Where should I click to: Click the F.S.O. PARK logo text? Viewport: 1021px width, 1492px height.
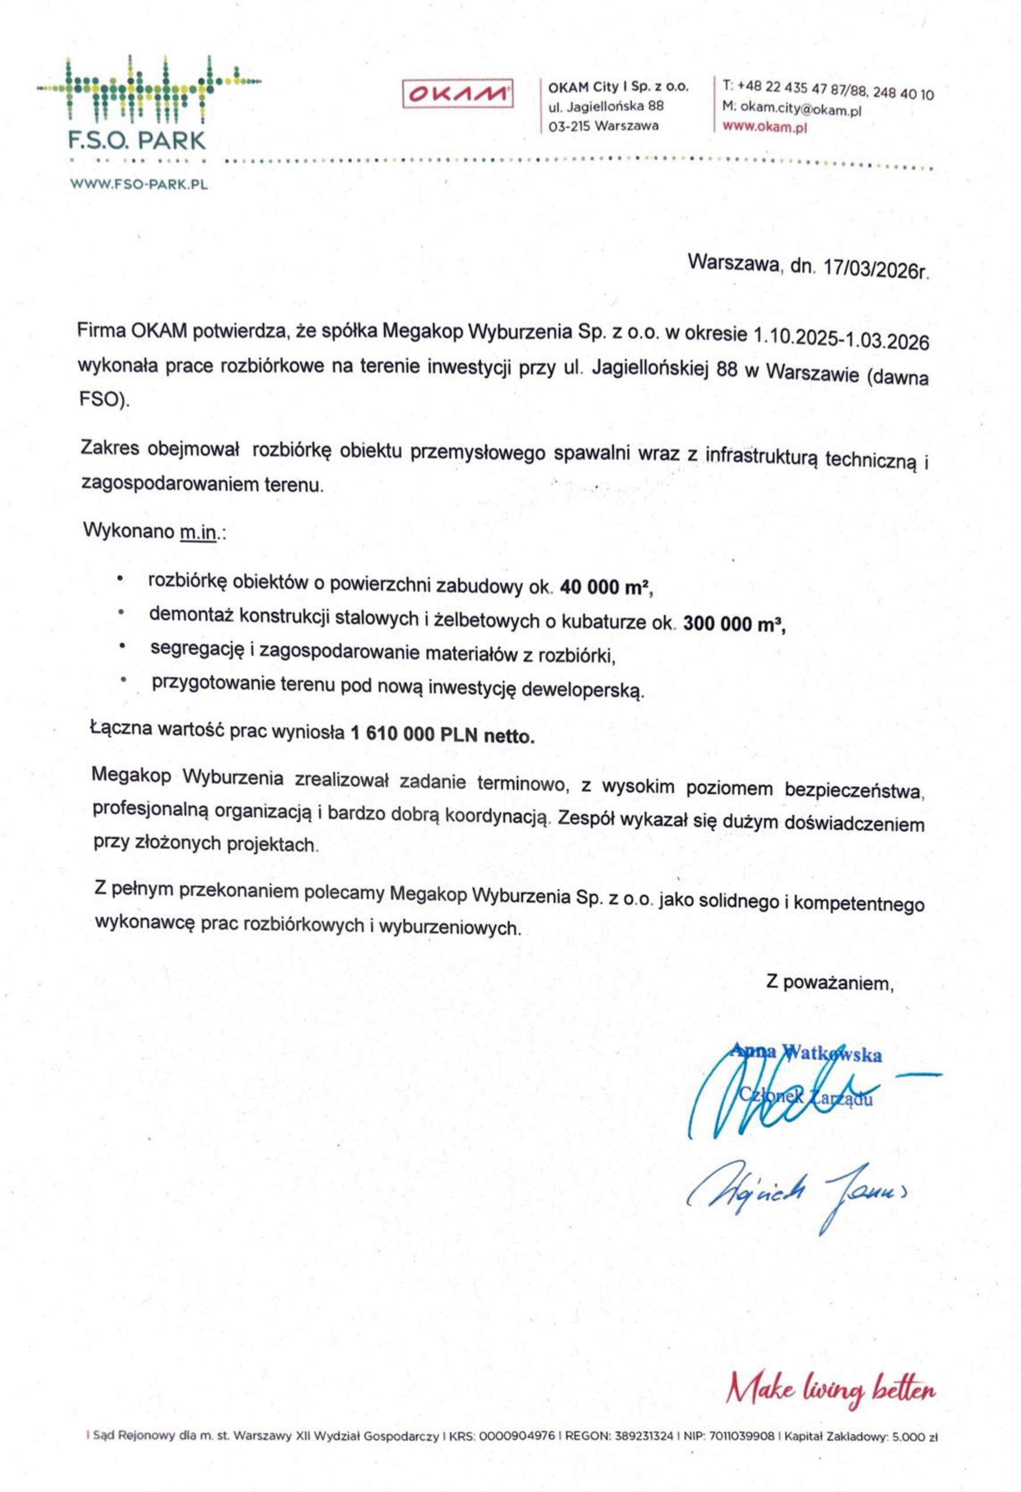click(138, 140)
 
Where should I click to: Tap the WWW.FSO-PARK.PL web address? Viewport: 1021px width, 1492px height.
click(139, 184)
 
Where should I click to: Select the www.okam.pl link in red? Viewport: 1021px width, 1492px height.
click(764, 126)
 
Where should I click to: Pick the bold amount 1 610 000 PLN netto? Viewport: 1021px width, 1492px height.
click(442, 734)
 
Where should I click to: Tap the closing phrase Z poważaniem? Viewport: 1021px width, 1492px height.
click(830, 983)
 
